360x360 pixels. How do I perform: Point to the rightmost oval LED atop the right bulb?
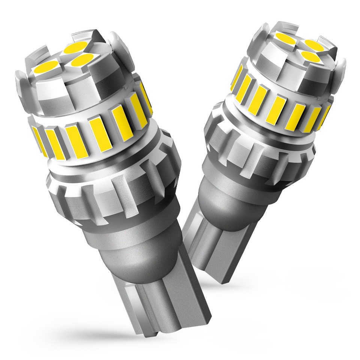pos(314,45)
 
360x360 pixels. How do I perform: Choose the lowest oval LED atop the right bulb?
pos(309,56)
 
